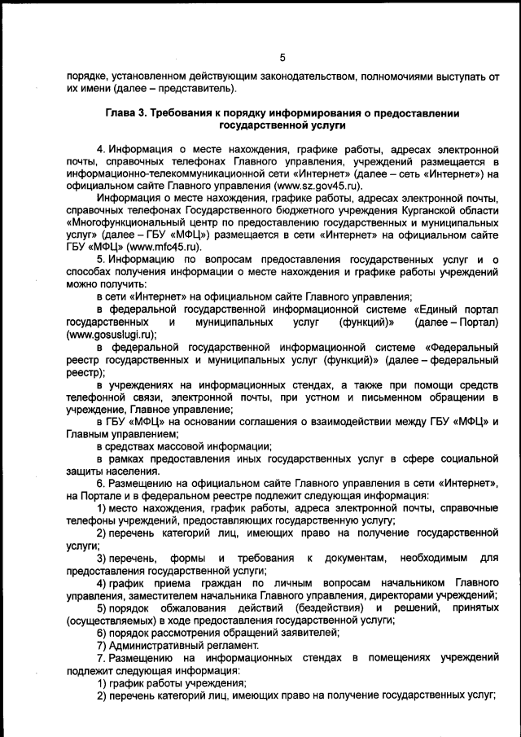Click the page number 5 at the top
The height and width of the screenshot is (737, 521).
(282, 57)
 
